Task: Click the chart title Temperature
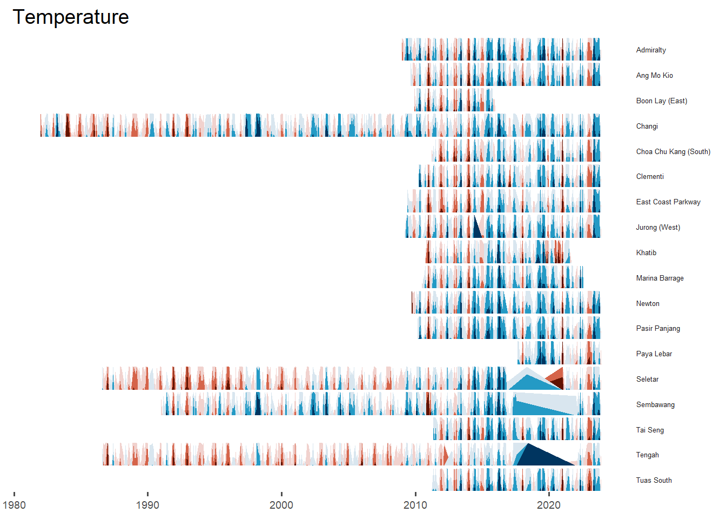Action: [x=71, y=17]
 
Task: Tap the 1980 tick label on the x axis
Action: [x=14, y=505]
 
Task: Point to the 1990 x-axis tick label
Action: [x=147, y=505]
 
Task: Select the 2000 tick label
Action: [x=281, y=505]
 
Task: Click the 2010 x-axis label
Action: [x=415, y=505]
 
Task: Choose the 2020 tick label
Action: [x=549, y=505]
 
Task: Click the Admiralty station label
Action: [x=651, y=50]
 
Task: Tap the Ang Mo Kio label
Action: [x=654, y=76]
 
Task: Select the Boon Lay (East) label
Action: [x=661, y=101]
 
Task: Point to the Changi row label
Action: [x=647, y=127]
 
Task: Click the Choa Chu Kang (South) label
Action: [x=673, y=152]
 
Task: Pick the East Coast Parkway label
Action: [x=668, y=202]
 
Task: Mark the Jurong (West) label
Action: [x=658, y=228]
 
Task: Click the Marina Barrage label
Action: [x=660, y=278]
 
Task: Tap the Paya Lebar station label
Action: [x=654, y=354]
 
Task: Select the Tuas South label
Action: [x=654, y=481]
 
